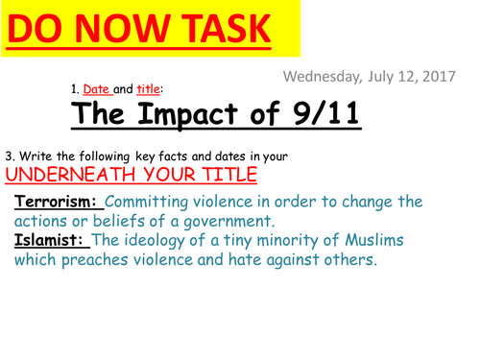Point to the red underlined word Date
coord(98,88)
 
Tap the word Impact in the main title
coord(206,116)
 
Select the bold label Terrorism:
coord(57,203)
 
